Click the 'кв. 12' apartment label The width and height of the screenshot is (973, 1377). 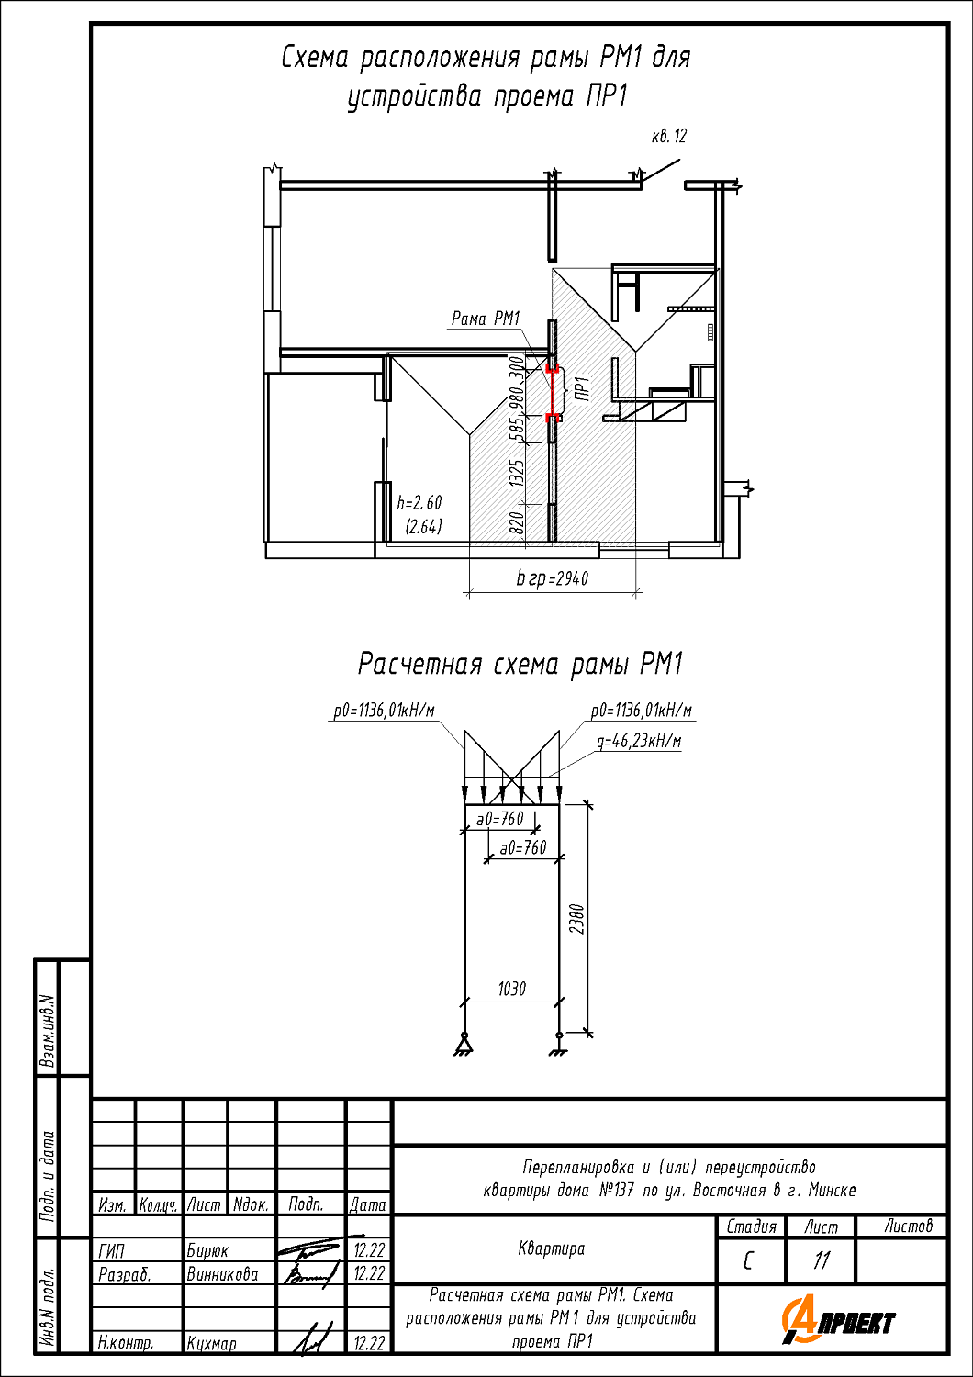tap(669, 136)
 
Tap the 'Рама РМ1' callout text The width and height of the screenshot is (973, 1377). tap(486, 319)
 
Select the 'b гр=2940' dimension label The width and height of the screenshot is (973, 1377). tap(553, 578)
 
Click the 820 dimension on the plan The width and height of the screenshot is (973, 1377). tap(518, 522)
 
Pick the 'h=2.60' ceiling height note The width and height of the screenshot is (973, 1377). tap(419, 503)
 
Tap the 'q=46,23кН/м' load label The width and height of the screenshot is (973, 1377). tap(639, 742)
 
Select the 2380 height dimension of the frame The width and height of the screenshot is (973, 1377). tap(576, 918)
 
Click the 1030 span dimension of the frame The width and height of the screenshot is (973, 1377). tap(512, 989)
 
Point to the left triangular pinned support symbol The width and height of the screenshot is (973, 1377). tap(464, 1043)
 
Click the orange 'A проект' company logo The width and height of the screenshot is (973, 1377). tap(838, 1321)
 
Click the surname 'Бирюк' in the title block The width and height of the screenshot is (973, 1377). tap(207, 1251)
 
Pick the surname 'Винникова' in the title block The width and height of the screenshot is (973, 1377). tap(222, 1274)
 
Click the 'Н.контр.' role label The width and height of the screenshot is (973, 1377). tap(126, 1343)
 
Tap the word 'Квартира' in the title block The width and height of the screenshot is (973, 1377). tap(552, 1248)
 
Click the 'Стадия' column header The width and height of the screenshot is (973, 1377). tap(751, 1226)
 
